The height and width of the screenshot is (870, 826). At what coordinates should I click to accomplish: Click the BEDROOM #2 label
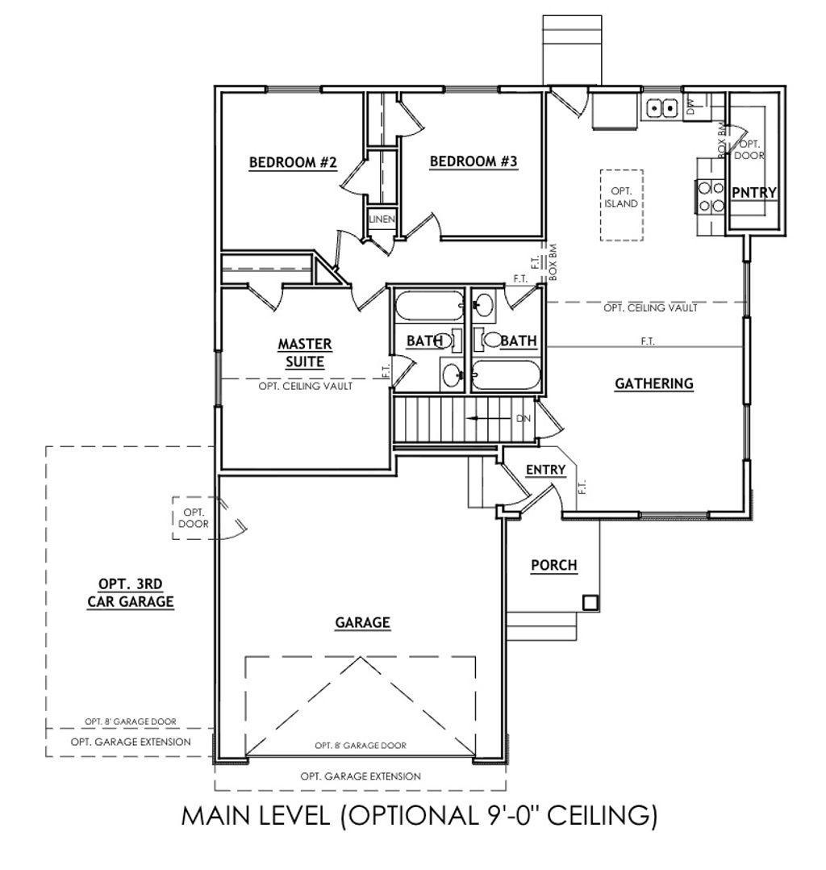click(293, 162)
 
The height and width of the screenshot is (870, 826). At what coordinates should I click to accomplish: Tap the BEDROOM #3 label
click(473, 161)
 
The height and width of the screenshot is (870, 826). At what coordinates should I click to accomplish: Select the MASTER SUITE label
click(305, 353)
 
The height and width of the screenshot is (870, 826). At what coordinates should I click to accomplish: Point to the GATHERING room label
click(654, 383)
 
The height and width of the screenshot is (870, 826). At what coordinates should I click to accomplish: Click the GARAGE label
click(363, 622)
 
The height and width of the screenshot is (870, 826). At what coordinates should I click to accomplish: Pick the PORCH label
click(554, 566)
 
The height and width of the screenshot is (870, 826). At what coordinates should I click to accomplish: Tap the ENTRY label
click(546, 470)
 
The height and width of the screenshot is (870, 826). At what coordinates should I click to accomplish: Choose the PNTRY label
click(754, 193)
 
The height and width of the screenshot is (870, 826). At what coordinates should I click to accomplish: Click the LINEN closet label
click(382, 220)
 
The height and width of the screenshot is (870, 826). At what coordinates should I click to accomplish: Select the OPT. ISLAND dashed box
click(621, 205)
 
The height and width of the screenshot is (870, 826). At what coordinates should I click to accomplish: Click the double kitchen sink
click(662, 107)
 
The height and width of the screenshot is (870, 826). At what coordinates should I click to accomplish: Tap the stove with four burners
click(710, 196)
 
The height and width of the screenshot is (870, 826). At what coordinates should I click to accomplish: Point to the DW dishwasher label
click(690, 106)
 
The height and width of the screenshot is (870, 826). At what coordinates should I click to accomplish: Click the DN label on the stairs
click(524, 418)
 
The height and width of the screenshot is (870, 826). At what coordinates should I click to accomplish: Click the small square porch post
click(590, 602)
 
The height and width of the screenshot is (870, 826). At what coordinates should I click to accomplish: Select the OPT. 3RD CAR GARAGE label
click(131, 592)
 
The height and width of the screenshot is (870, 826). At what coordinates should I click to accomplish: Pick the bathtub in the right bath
click(505, 376)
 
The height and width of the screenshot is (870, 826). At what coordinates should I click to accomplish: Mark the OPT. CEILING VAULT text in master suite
click(306, 386)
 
